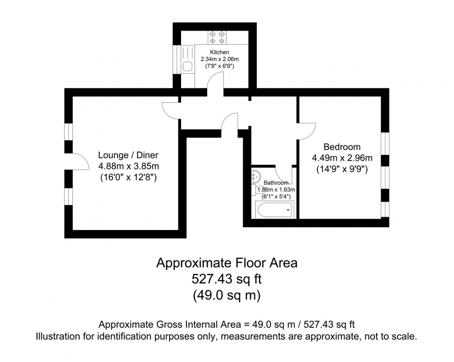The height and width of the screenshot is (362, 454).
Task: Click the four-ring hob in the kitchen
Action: click(217, 37)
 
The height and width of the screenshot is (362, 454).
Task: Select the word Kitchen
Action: click(219, 52)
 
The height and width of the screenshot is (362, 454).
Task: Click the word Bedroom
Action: click(342, 147)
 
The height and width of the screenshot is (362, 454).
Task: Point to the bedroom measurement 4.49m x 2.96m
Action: click(342, 158)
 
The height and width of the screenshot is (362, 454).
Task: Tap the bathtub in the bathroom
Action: click(275, 210)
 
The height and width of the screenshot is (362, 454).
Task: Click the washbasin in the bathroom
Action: click(255, 176)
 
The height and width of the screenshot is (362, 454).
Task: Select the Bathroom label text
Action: click(277, 183)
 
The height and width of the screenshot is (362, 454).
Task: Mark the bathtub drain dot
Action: click(288, 211)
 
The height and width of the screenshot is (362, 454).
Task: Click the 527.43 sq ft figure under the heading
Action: click(227, 279)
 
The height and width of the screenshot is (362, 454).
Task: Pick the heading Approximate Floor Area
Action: click(227, 263)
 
